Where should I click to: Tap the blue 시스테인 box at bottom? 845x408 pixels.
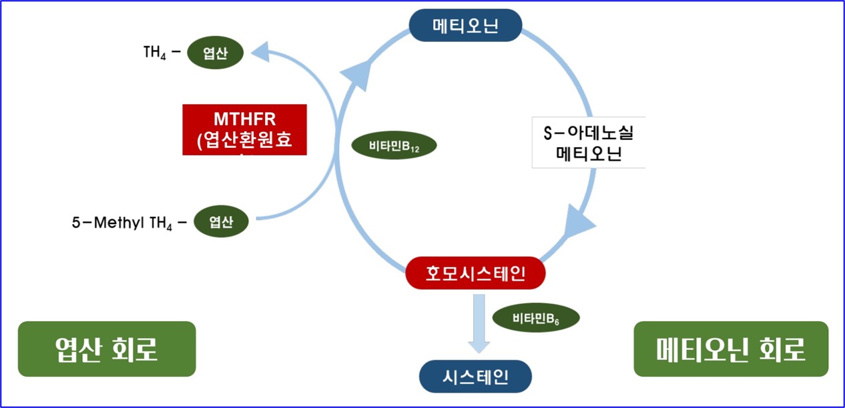[475, 377]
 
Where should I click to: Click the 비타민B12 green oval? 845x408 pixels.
[394, 146]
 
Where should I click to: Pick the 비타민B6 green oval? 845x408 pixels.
[535, 318]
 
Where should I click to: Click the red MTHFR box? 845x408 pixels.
[244, 129]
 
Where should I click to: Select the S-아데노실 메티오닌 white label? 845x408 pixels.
[589, 143]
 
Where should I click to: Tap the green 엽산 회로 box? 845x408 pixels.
[107, 349]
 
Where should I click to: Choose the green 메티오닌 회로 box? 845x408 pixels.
[730, 348]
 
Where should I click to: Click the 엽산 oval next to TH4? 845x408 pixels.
[216, 54]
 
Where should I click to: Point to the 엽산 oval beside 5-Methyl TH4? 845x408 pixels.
[221, 223]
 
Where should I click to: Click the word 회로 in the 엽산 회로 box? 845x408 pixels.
[136, 349]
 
